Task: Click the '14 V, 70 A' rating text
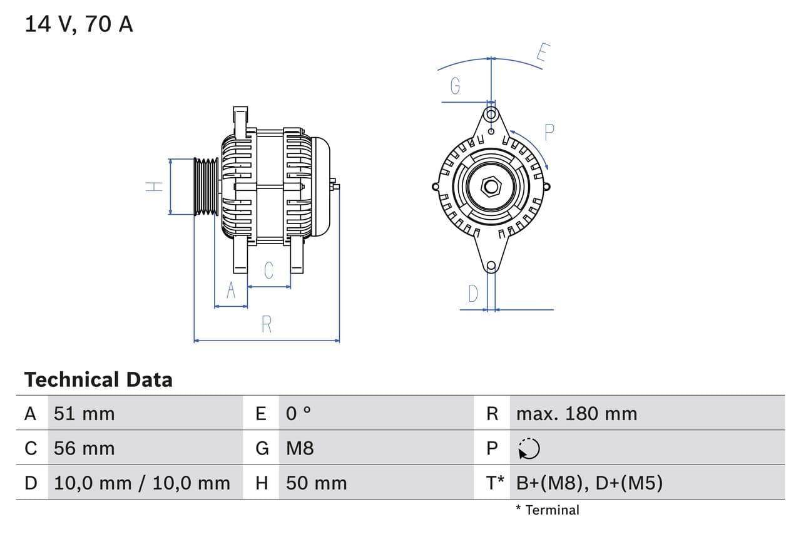(79, 24)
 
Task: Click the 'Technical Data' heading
(98, 379)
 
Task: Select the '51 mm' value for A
(84, 413)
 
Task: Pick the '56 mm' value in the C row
(84, 448)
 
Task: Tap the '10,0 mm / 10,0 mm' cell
(142, 483)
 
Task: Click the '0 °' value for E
(298, 413)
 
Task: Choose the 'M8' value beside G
(300, 448)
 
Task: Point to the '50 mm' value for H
(316, 483)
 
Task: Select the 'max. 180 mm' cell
(576, 413)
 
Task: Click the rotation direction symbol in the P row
(529, 448)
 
